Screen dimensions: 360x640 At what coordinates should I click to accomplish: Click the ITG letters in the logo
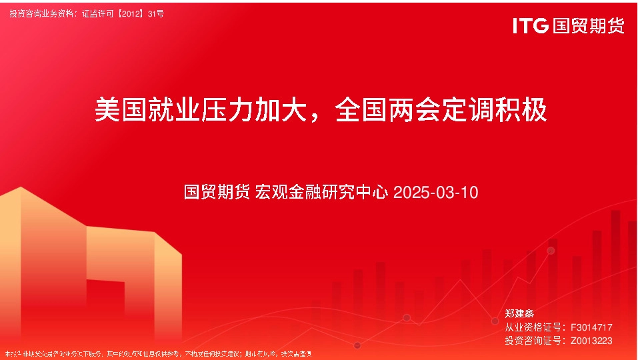pyautogui.click(x=530, y=26)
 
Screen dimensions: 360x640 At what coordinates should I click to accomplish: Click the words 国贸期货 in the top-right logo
pyautogui.click(x=588, y=26)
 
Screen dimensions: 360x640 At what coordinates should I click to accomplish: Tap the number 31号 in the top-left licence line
pyautogui.click(x=155, y=13)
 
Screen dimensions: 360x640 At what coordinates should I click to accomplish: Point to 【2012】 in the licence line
pyautogui.click(x=130, y=13)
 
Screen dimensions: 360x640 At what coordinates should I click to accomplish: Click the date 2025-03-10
pyautogui.click(x=436, y=193)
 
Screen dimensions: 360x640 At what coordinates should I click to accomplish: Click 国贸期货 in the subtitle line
pyautogui.click(x=217, y=193)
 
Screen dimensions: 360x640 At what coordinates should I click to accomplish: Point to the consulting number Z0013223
pyautogui.click(x=591, y=341)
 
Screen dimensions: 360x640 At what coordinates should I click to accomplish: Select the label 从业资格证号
pyautogui.click(x=533, y=327)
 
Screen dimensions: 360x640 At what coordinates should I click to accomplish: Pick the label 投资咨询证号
pyautogui.click(x=533, y=341)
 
